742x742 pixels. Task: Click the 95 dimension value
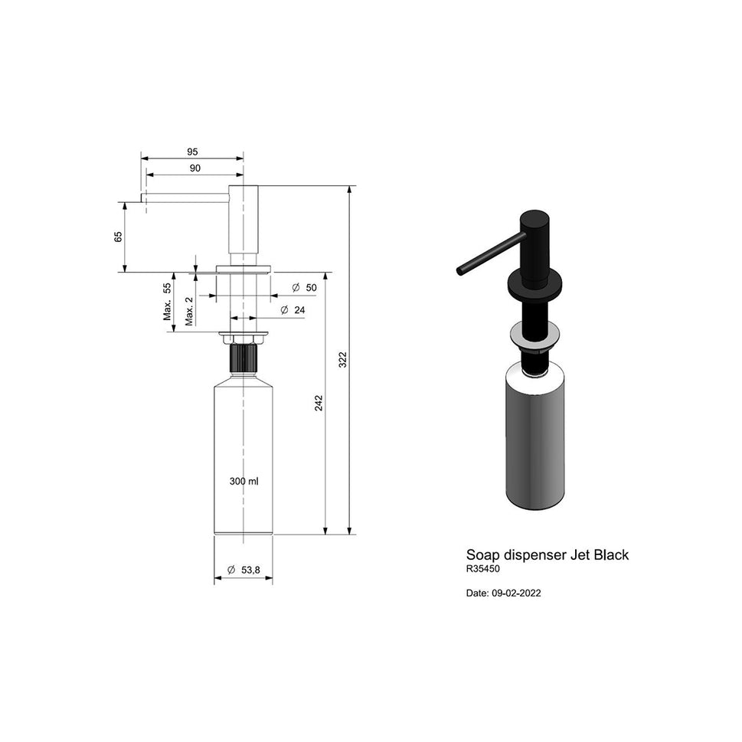[192, 152]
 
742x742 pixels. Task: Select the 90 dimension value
[194, 168]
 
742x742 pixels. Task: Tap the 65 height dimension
[118, 237]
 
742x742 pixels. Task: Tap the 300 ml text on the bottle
[244, 482]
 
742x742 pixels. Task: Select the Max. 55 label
[167, 302]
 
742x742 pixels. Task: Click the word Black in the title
[610, 555]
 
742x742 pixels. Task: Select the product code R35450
[482, 570]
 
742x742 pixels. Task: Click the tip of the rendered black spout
[460, 270]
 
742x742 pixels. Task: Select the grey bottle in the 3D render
[535, 440]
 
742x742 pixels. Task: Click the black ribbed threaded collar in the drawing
[243, 358]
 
